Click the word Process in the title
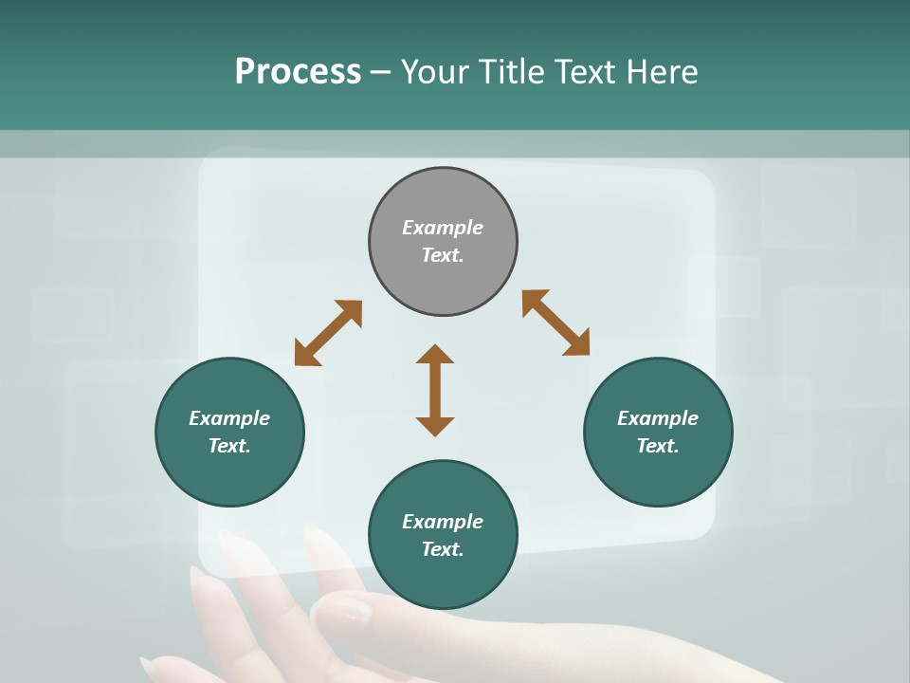coord(298,72)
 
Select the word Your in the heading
coord(437,72)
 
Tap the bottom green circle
coord(443,579)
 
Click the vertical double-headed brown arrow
coord(435,390)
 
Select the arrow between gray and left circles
coord(328,333)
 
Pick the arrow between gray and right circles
coord(556,323)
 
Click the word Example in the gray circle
coord(443,228)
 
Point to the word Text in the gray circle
coord(443,255)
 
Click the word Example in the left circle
coord(229,418)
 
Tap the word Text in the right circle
coord(658,446)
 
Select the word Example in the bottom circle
coord(443,522)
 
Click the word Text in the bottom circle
coord(443,549)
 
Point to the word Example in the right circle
coord(658,418)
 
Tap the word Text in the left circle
coord(229,446)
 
